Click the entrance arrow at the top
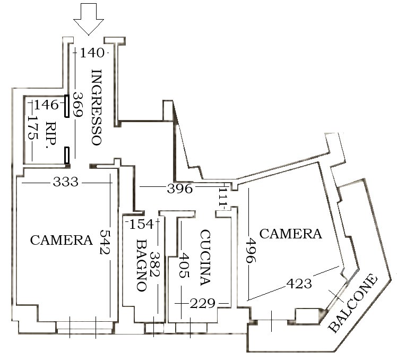[x=88, y=19]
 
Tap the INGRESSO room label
[x=97, y=107]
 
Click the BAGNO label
[x=142, y=265]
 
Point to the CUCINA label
[x=205, y=258]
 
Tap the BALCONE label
[x=353, y=303]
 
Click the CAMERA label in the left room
[x=62, y=240]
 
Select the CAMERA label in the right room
[x=291, y=234]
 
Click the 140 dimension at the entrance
[x=92, y=53]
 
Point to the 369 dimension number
[x=78, y=105]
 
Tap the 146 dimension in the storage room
[x=46, y=105]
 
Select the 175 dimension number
[x=33, y=127]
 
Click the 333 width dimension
[x=66, y=182]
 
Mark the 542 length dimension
[x=105, y=242]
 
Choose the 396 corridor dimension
[x=180, y=188]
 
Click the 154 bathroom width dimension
[x=141, y=224]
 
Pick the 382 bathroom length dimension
[x=155, y=264]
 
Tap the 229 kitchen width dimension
[x=203, y=304]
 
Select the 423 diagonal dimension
[x=299, y=284]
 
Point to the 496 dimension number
[x=251, y=250]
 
